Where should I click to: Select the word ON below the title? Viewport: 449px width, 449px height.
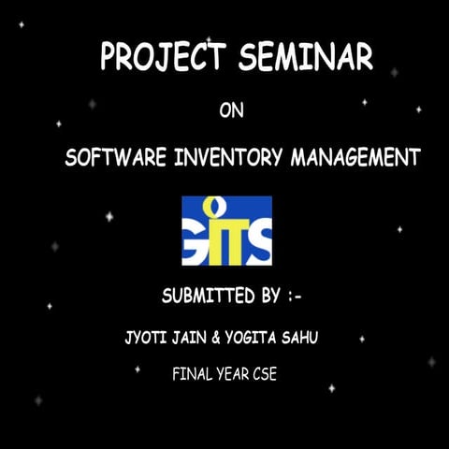pos(231,112)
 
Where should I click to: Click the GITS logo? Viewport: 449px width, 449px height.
pos(226,230)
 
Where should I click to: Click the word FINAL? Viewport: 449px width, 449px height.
pos(192,374)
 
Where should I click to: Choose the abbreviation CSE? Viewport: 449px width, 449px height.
pos(266,374)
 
